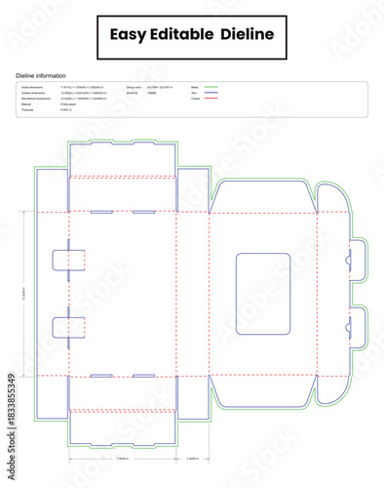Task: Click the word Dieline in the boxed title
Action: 248,35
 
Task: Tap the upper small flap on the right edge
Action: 357,261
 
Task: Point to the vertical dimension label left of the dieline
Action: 26,293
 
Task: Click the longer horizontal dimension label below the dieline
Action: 123,458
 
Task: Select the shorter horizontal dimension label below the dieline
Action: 192,458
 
